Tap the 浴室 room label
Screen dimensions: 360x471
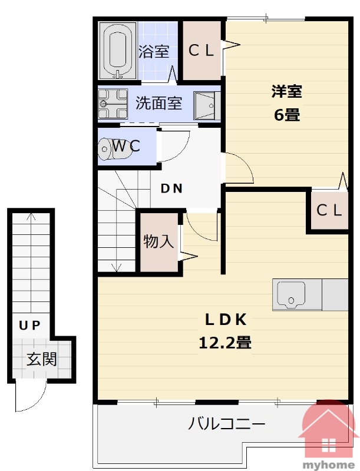pyautogui.click(x=154, y=51)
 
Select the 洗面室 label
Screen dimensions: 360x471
pyautogui.click(x=158, y=102)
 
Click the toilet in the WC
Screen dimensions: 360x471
pyautogui.click(x=115, y=149)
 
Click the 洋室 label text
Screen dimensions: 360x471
pyautogui.click(x=287, y=91)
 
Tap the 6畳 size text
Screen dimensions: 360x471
pyautogui.click(x=287, y=114)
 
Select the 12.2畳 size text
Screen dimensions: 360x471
pyautogui.click(x=224, y=342)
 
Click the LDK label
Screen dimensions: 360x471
pyautogui.click(x=226, y=319)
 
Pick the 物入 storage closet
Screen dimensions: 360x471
pyautogui.click(x=158, y=242)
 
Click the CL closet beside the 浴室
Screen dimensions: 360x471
pyautogui.click(x=202, y=51)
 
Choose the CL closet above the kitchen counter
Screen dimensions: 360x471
pyautogui.click(x=329, y=210)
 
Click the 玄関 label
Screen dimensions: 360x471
pyautogui.click(x=41, y=359)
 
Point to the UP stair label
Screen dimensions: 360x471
pyautogui.click(x=29, y=325)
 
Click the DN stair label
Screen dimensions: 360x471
pyautogui.click(x=171, y=188)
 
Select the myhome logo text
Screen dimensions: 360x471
pyautogui.click(x=329, y=465)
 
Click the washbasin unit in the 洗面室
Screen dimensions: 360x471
pyautogui.click(x=207, y=106)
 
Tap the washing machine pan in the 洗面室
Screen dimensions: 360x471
pyautogui.click(x=113, y=104)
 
